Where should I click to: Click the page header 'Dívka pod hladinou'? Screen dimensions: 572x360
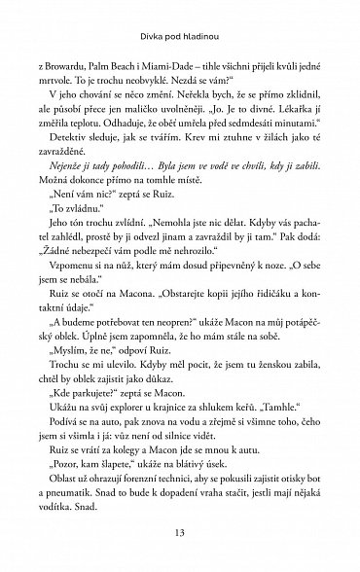(x=179, y=13)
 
